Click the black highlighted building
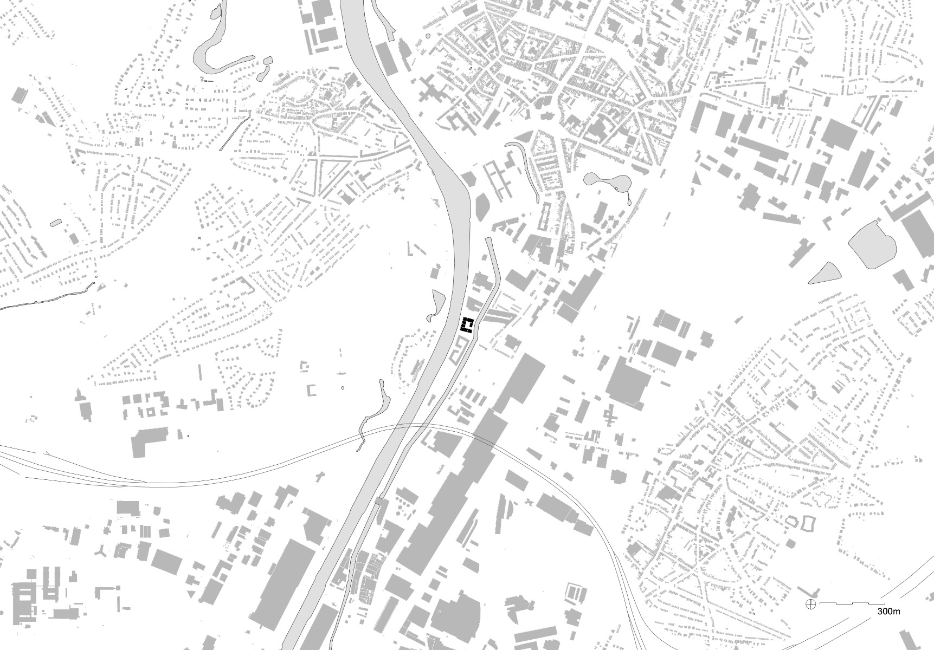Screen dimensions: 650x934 pyautogui.click(x=467, y=326)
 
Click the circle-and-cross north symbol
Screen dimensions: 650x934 pyautogui.click(x=811, y=603)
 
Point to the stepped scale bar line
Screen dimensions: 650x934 pyautogui.click(x=851, y=603)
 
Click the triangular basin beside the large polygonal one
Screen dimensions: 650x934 pyautogui.click(x=825, y=274)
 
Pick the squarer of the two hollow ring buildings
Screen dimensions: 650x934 pyautogui.click(x=808, y=523)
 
